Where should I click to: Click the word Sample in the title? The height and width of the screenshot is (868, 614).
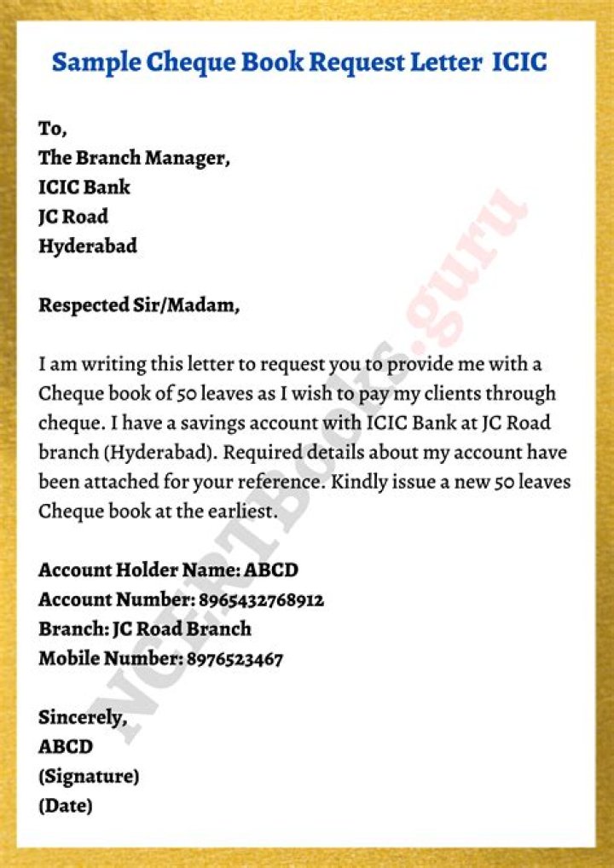click(x=92, y=62)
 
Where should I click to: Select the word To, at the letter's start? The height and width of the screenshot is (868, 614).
click(x=52, y=129)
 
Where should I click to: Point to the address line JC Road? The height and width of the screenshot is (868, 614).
click(x=73, y=217)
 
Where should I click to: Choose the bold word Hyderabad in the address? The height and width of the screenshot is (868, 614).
click(x=88, y=246)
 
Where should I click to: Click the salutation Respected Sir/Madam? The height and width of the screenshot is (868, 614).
click(x=139, y=305)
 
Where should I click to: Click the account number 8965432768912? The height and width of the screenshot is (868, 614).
click(x=262, y=600)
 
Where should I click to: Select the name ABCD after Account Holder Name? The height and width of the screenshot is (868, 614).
click(x=271, y=570)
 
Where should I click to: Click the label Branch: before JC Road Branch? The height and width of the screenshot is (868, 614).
click(x=72, y=629)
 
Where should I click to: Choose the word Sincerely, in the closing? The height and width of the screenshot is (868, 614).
click(x=82, y=718)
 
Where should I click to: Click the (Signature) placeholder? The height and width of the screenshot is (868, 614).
click(x=89, y=777)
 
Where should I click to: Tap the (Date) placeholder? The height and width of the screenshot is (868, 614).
click(x=66, y=806)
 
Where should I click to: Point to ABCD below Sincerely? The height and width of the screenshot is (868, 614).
click(x=66, y=747)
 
